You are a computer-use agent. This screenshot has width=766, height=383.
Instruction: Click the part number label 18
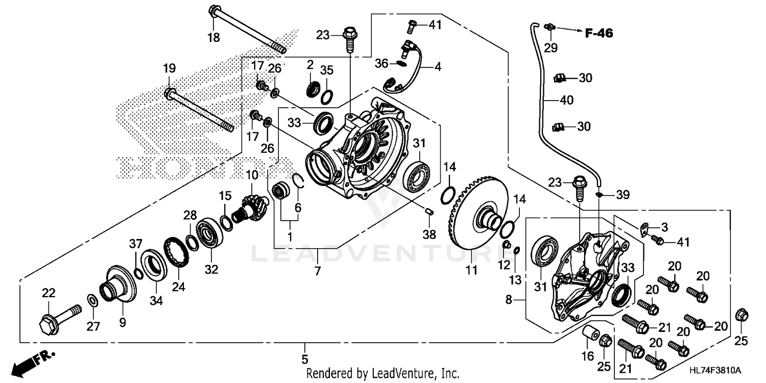(x=213, y=37)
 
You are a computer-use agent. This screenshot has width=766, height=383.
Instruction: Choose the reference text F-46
(x=599, y=34)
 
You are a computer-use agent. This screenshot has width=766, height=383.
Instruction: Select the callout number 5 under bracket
(x=305, y=358)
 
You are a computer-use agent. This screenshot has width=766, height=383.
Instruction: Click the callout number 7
(x=317, y=271)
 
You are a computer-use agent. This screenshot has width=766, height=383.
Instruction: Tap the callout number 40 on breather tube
(x=566, y=101)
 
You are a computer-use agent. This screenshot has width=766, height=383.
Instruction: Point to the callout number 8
(x=509, y=301)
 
